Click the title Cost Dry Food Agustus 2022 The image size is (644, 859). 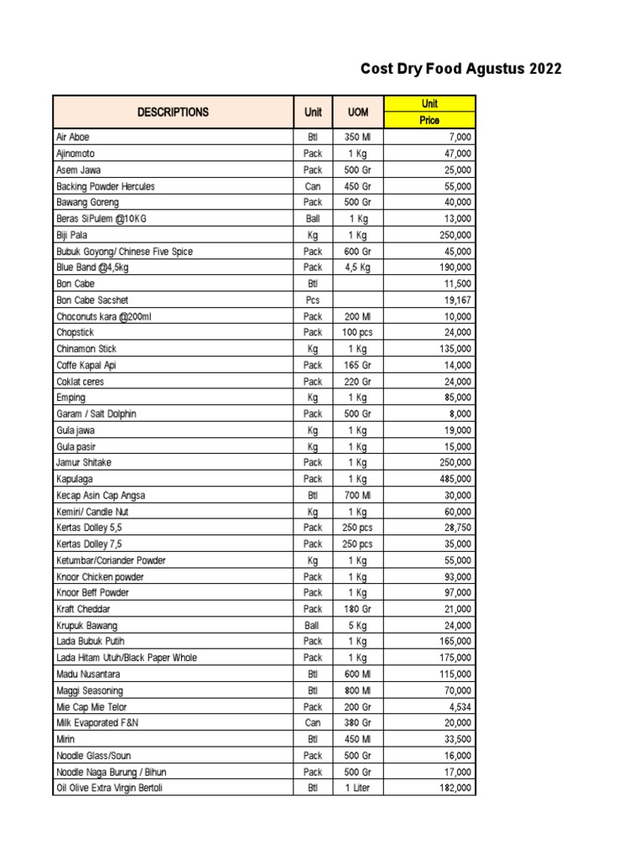coord(460,69)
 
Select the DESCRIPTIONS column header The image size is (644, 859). coord(174,112)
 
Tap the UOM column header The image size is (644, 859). coord(358,112)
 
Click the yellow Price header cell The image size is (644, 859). coord(429,121)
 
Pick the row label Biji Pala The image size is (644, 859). coord(71,235)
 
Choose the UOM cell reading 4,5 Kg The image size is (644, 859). coord(358,268)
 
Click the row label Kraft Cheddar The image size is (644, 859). coord(83,609)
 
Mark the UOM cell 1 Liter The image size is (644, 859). coord(358,788)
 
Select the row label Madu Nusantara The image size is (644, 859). coord(88,674)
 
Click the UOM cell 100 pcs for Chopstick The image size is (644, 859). coord(358,332)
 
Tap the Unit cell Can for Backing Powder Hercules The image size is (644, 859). coord(313,186)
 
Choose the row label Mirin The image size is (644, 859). coord(65,739)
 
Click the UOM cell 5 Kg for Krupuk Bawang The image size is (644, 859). coord(358,625)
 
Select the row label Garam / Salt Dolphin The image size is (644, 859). coord(96,414)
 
